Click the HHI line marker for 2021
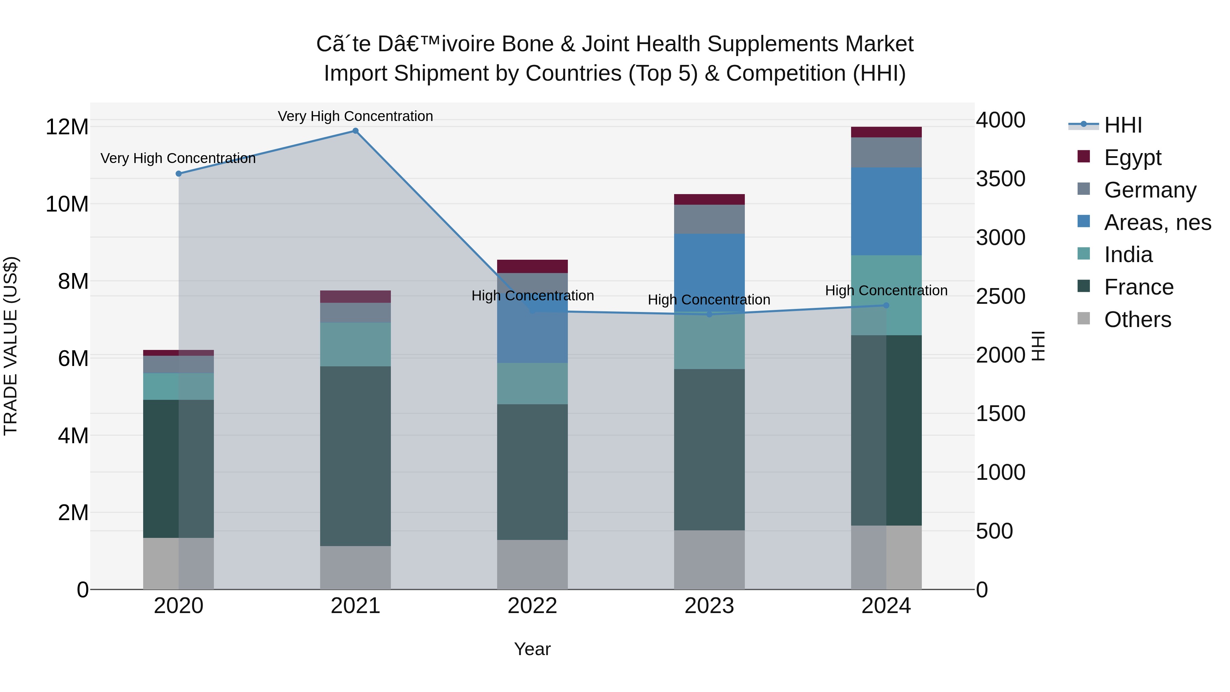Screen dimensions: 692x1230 (355, 131)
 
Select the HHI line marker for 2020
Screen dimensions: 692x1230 (179, 174)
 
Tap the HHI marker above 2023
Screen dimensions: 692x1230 (709, 314)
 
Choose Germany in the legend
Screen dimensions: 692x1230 (1150, 190)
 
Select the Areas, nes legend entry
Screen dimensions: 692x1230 (1157, 222)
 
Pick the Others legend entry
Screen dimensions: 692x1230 (1137, 319)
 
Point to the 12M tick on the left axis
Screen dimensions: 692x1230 (67, 127)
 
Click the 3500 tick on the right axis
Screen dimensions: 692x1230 (1000, 179)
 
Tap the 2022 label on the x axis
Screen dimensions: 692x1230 (532, 606)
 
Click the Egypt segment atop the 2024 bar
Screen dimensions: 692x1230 (886, 132)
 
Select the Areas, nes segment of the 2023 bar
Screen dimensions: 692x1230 (709, 272)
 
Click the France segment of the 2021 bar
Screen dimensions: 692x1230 (355, 456)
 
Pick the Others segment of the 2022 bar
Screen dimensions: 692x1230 (532, 565)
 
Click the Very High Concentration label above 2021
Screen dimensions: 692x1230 (355, 116)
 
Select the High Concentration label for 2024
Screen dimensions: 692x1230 (886, 290)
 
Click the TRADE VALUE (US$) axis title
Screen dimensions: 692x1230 (11, 346)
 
